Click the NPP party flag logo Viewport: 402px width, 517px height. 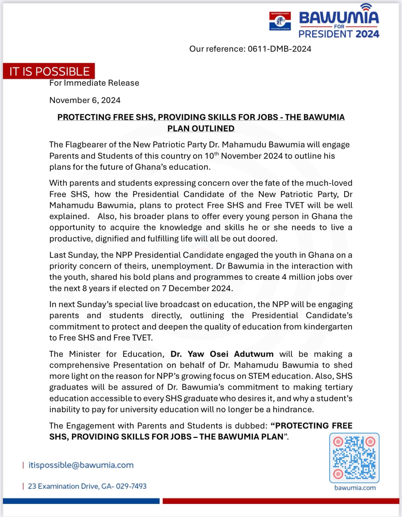[280, 21]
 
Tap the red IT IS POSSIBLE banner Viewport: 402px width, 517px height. [49, 71]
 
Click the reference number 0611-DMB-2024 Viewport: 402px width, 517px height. [279, 49]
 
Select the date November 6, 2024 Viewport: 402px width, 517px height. [85, 100]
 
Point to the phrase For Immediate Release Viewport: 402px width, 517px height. [94, 83]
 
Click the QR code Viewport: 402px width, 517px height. [354, 458]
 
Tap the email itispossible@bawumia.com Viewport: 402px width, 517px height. [81, 465]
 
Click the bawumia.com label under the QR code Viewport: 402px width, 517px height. [355, 488]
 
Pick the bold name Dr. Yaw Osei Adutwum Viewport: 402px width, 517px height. [222, 354]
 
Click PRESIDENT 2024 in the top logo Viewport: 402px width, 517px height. [339, 34]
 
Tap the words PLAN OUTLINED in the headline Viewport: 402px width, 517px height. [201, 129]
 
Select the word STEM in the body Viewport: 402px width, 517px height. [259, 376]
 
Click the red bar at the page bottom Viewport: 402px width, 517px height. [281, 501]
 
